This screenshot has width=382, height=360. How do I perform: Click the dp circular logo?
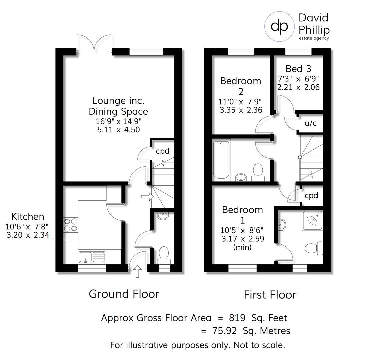pos(279,26)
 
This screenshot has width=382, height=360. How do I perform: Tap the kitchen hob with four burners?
pos(71,225)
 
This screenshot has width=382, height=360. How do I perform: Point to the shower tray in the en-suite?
pos(313,221)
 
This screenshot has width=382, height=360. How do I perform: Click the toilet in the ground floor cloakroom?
pos(164,256)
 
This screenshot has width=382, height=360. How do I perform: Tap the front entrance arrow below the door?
pos(137,271)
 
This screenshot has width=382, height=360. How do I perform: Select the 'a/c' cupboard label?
pos(311,123)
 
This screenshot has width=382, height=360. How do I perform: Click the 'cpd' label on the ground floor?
pos(162,151)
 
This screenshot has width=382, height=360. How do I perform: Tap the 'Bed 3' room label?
pos(298,69)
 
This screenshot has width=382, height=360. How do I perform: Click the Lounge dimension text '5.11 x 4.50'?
pos(118,130)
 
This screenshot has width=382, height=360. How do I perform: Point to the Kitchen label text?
pos(28,217)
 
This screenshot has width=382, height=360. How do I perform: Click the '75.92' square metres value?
pos(224,331)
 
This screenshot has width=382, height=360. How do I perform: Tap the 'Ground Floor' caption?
pos(124,294)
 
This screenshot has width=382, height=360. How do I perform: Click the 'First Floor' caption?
pos(270,295)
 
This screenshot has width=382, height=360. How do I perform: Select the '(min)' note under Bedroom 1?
pos(242,247)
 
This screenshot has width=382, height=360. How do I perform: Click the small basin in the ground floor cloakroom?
pos(162,215)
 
